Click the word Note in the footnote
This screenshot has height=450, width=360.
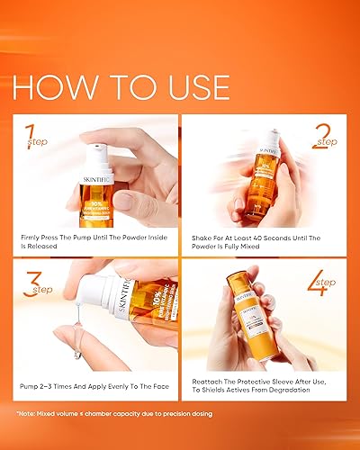coord(29,415)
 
